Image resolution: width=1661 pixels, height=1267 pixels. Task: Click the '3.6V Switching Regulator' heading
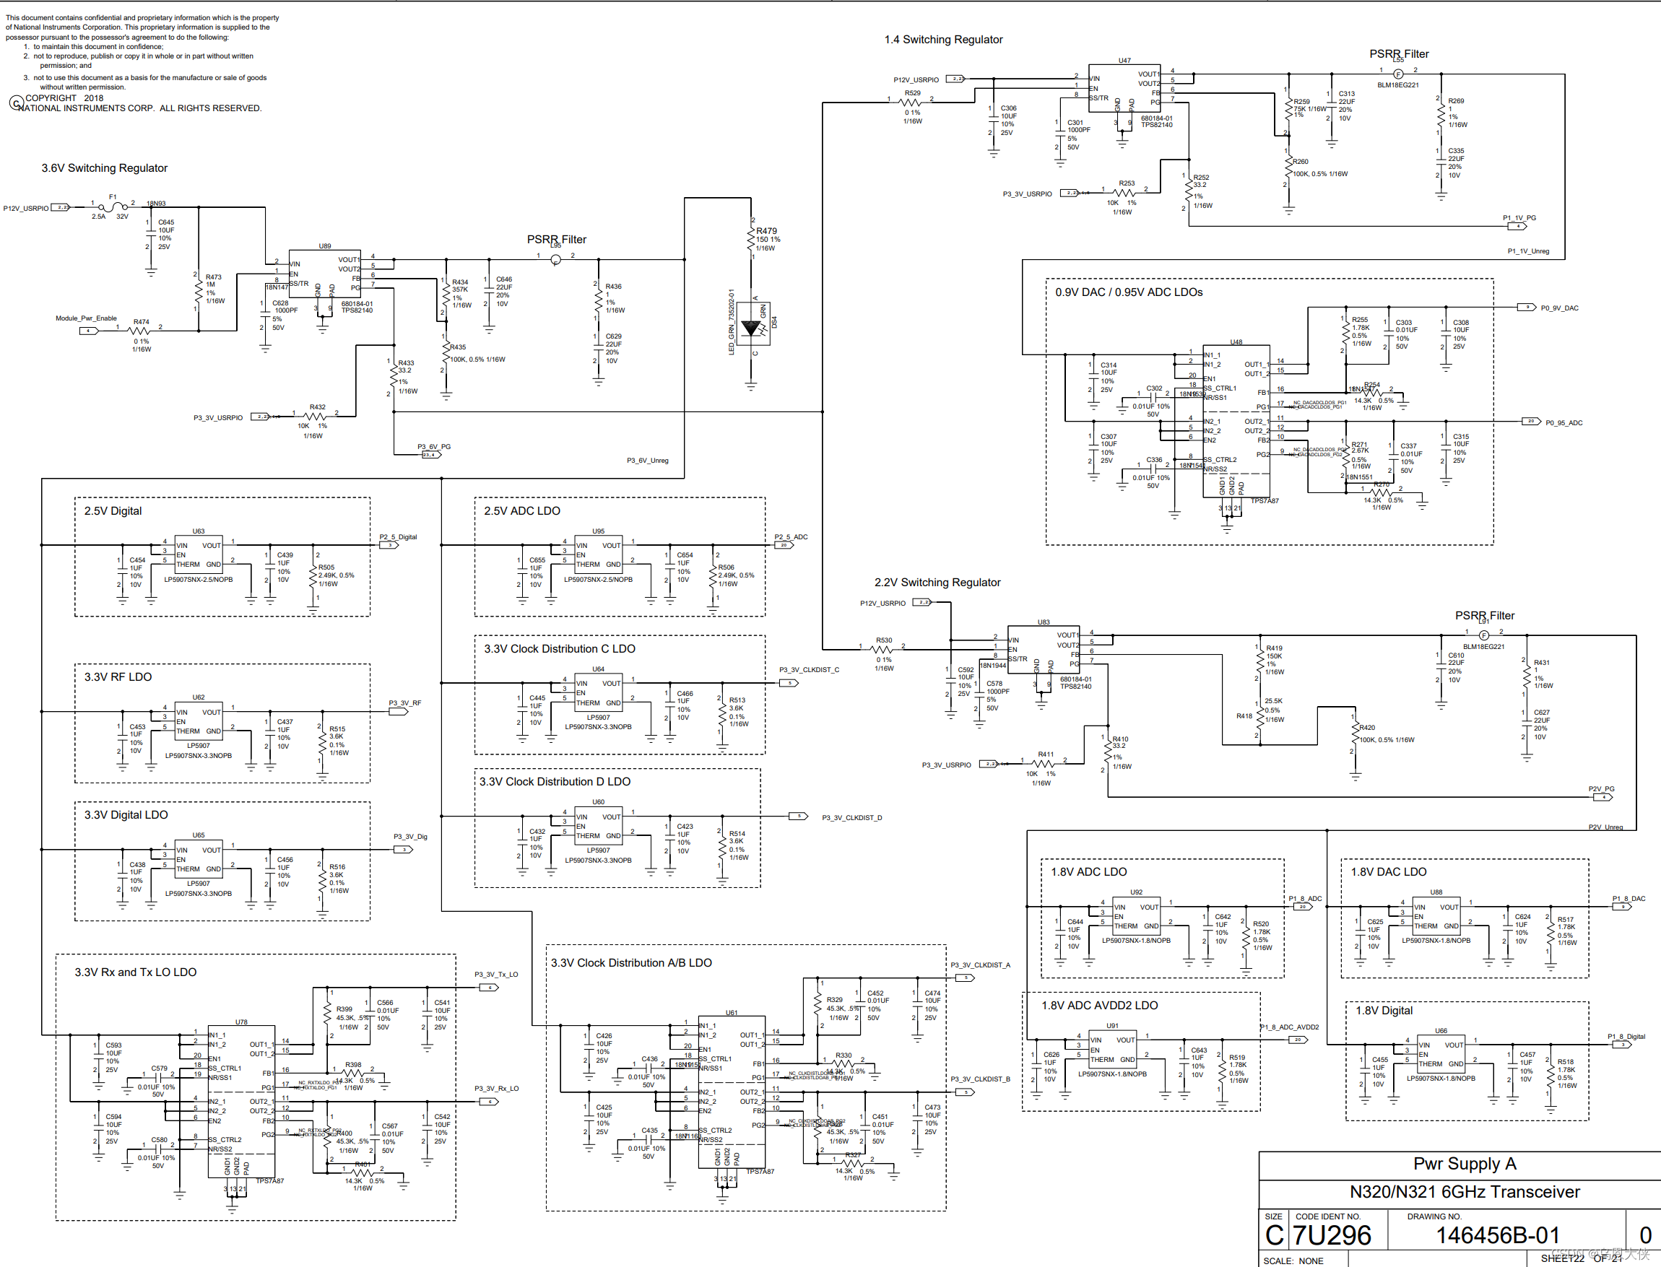(x=104, y=168)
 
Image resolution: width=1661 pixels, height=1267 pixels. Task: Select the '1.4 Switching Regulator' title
(x=943, y=40)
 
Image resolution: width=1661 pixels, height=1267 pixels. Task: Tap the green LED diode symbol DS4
(x=751, y=328)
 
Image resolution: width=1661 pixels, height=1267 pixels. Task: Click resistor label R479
(x=766, y=231)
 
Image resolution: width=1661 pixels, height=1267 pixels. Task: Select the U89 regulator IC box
(x=324, y=272)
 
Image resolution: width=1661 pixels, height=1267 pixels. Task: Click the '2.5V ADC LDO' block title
(x=522, y=511)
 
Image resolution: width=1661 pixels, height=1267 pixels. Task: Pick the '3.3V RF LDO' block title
(x=118, y=677)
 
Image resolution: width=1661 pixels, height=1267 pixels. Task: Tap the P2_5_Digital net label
(x=398, y=537)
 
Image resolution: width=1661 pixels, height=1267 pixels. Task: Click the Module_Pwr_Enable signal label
(x=86, y=318)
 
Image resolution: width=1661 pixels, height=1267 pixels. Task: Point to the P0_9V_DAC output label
(x=1559, y=308)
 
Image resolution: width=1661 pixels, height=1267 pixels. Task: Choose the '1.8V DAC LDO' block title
(x=1388, y=872)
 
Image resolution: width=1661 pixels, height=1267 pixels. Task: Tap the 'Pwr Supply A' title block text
(x=1464, y=1164)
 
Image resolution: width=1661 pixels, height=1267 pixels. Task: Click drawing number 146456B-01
(x=1497, y=1235)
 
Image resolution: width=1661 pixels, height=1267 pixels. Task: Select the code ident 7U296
(x=1332, y=1235)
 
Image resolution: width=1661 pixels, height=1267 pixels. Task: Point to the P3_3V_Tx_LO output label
(x=495, y=975)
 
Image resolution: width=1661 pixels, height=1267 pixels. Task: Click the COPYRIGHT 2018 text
(x=64, y=98)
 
